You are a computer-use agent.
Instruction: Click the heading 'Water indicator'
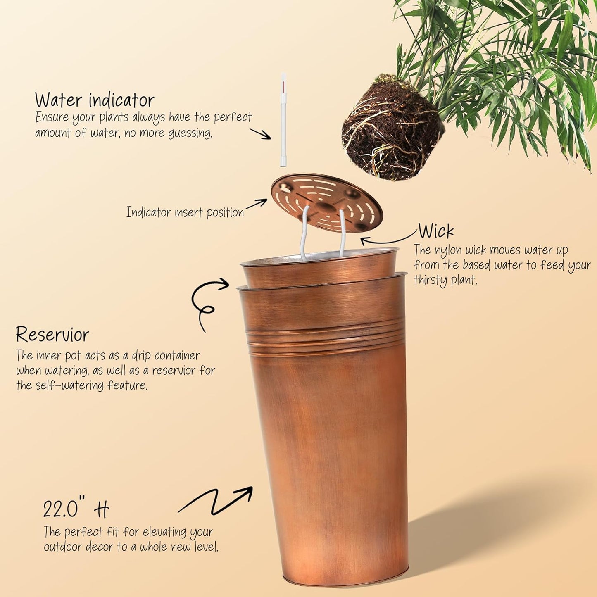(95, 100)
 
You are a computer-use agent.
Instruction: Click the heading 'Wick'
(436, 231)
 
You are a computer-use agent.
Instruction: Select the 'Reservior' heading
(52, 335)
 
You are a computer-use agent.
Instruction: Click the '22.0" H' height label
(76, 509)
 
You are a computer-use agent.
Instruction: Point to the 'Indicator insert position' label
(185, 212)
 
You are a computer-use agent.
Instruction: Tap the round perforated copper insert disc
(326, 203)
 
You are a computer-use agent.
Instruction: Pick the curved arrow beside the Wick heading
(388, 239)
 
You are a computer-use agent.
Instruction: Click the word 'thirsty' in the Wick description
(431, 281)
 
